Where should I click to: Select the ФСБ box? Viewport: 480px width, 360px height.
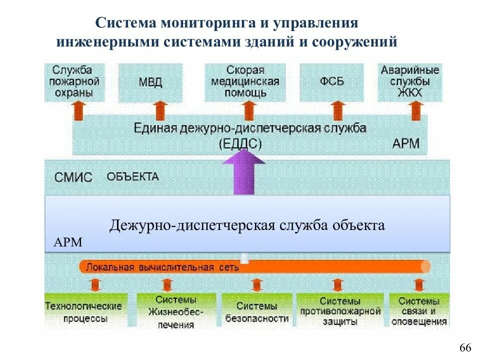[x=332, y=82]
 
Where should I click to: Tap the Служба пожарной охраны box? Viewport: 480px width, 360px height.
[x=75, y=81]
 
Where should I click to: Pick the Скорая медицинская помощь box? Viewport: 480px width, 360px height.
[x=245, y=81]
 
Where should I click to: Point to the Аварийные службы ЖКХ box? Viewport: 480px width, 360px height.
[x=410, y=81]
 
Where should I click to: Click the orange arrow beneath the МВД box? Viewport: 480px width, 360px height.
[x=160, y=110]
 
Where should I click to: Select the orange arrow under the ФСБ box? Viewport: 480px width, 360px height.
[x=339, y=110]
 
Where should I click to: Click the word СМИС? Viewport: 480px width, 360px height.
[x=73, y=177]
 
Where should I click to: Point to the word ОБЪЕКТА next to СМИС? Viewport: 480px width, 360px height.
[x=132, y=176]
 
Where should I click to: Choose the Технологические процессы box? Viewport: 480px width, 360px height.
[x=83, y=311]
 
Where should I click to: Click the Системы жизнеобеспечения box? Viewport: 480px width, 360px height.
[x=176, y=312]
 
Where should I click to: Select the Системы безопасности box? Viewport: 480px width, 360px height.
[x=256, y=312]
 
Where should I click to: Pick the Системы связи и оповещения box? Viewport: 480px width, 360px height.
[x=419, y=312]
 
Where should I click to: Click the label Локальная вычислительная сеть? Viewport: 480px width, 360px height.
[x=163, y=267]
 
